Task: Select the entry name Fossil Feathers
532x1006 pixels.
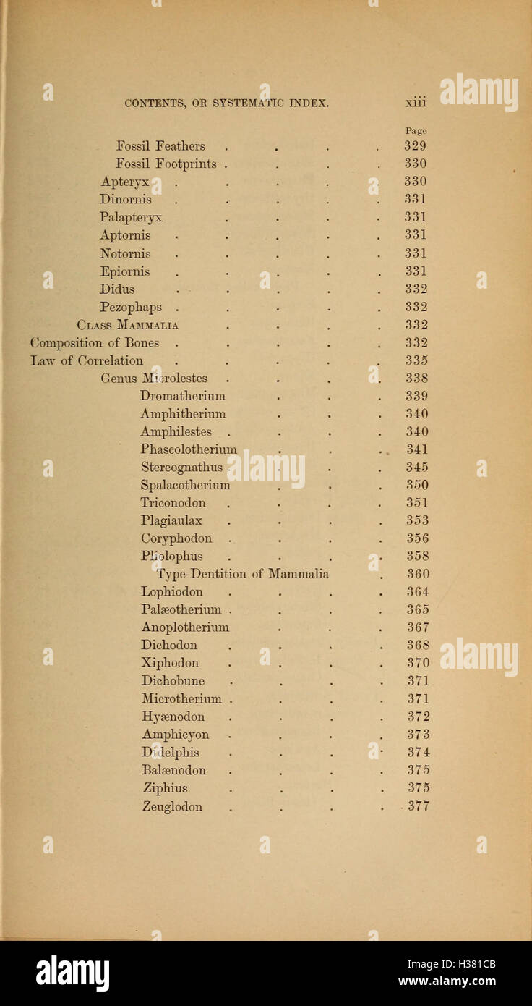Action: [160, 146]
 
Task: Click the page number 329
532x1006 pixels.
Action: [415, 146]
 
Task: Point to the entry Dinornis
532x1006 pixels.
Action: [126, 199]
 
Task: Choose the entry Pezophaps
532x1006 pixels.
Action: [131, 307]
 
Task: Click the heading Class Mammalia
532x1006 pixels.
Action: [128, 325]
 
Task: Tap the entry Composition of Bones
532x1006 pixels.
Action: [95, 343]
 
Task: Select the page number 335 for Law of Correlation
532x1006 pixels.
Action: [416, 360]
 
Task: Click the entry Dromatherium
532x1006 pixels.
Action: [183, 396]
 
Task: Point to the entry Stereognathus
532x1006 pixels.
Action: [181, 467]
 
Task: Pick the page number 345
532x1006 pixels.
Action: [417, 467]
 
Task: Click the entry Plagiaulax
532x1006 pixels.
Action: [172, 520]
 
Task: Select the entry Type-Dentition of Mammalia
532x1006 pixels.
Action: [243, 574]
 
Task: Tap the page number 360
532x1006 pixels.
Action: [418, 574]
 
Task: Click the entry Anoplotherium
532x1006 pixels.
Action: [185, 627]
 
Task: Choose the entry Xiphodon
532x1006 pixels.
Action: [171, 663]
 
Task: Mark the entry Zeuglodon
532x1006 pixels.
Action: [173, 806]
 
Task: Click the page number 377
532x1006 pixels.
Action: [419, 806]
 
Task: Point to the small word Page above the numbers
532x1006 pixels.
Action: [416, 131]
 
